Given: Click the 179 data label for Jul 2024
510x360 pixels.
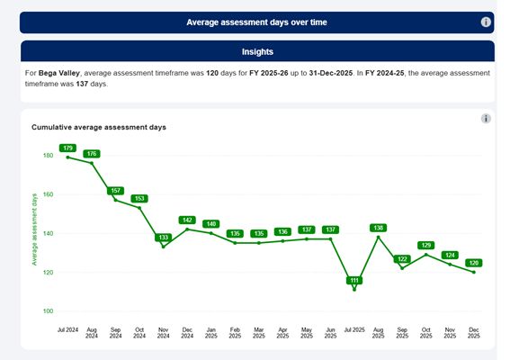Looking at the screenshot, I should click(67, 148).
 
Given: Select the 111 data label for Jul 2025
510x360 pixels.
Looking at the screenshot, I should click(354, 281).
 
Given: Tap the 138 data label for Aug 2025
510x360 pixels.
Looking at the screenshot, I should click(379, 228).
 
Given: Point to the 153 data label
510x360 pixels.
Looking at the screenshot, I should click(139, 198).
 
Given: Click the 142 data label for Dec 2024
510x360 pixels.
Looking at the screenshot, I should click(187, 220).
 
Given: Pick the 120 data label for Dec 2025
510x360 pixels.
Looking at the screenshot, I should click(474, 263).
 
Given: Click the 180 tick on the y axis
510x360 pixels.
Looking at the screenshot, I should click(48, 156).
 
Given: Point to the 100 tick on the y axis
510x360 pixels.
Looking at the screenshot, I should click(48, 311).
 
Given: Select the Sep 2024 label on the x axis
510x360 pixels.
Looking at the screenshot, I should click(115, 336).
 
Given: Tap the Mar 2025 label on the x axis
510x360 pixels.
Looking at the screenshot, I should click(259, 336).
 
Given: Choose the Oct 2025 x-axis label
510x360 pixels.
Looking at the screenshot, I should click(426, 336).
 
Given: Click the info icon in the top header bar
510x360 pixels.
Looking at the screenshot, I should click(486, 22).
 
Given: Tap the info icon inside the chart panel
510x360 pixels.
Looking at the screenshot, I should click(486, 119).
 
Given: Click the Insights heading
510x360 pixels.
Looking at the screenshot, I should click(257, 52).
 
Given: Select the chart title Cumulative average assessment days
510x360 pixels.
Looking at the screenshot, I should click(99, 127).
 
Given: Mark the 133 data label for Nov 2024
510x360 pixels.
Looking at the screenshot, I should click(163, 238).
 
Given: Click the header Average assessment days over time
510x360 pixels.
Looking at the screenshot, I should click(257, 22).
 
